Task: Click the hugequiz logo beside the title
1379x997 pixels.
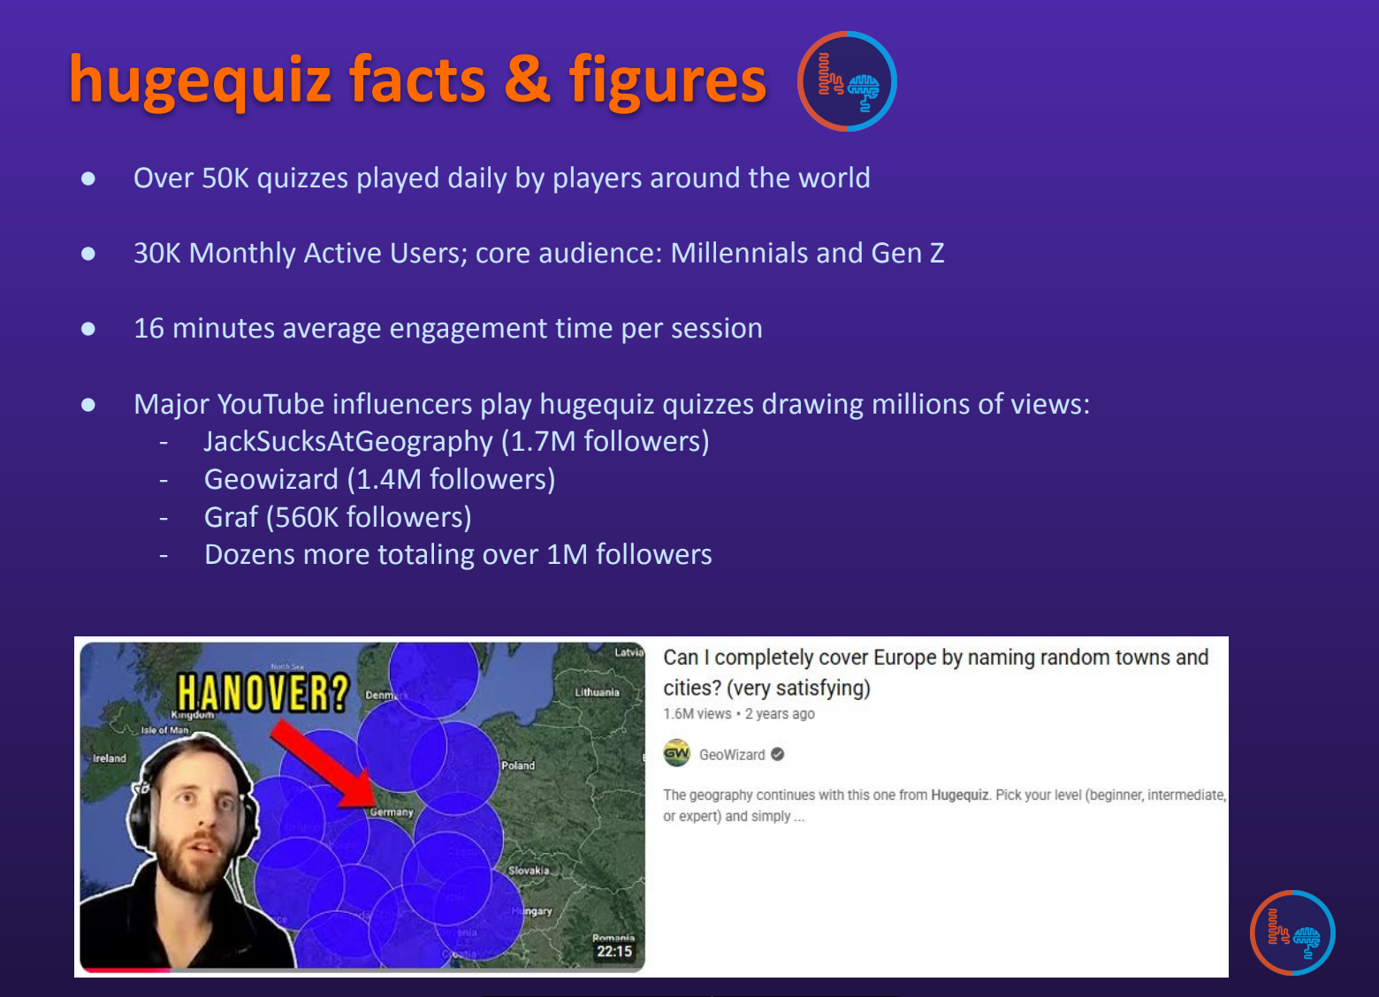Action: pos(847,81)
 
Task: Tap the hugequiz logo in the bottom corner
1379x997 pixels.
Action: pos(1292,932)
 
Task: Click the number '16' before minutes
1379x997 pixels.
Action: pos(149,329)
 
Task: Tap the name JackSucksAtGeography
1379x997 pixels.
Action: pos(348,441)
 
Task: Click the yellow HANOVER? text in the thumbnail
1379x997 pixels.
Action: pos(263,692)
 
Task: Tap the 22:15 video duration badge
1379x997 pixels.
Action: pos(614,951)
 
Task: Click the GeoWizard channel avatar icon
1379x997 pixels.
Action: pos(676,754)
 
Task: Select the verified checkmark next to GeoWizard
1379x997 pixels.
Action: pos(778,754)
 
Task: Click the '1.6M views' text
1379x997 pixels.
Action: pos(697,714)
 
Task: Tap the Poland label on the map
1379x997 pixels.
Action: pos(518,765)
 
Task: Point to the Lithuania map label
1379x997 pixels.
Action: pos(597,692)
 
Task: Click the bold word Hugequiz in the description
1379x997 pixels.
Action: pos(959,795)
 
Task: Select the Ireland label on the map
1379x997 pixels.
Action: pos(110,758)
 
